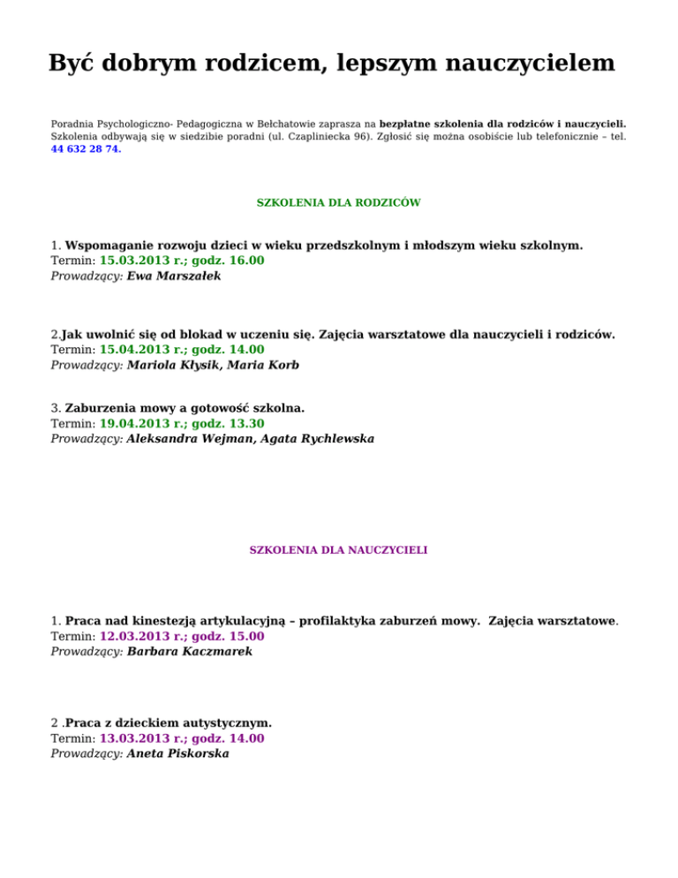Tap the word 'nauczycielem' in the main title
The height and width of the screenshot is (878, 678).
click(516, 64)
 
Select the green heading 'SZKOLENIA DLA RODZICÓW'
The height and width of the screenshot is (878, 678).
click(338, 202)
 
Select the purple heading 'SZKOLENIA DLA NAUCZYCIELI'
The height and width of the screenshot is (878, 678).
click(339, 549)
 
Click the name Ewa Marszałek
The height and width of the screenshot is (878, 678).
click(174, 276)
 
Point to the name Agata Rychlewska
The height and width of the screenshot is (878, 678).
click(314, 438)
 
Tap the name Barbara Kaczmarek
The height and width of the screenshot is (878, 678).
click(189, 651)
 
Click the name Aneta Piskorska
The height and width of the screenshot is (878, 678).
click(177, 753)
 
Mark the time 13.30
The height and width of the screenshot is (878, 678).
click(245, 423)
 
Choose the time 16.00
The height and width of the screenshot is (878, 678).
click(245, 261)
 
